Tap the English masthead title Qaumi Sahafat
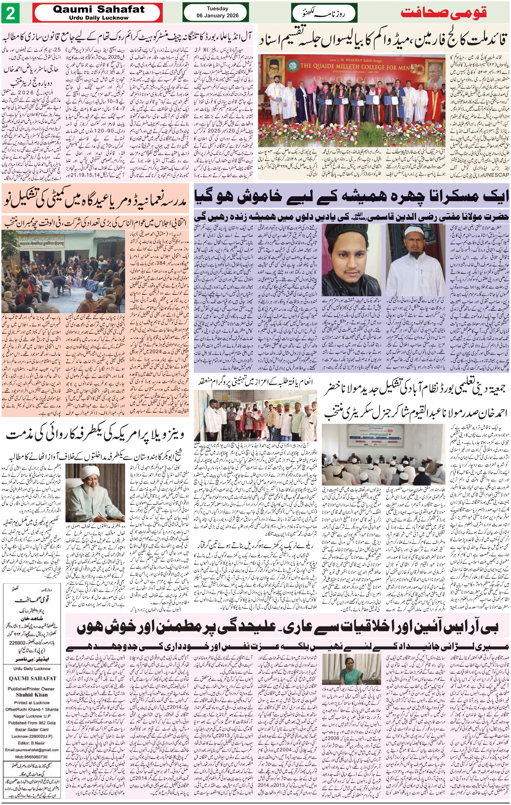(x=99, y=9)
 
